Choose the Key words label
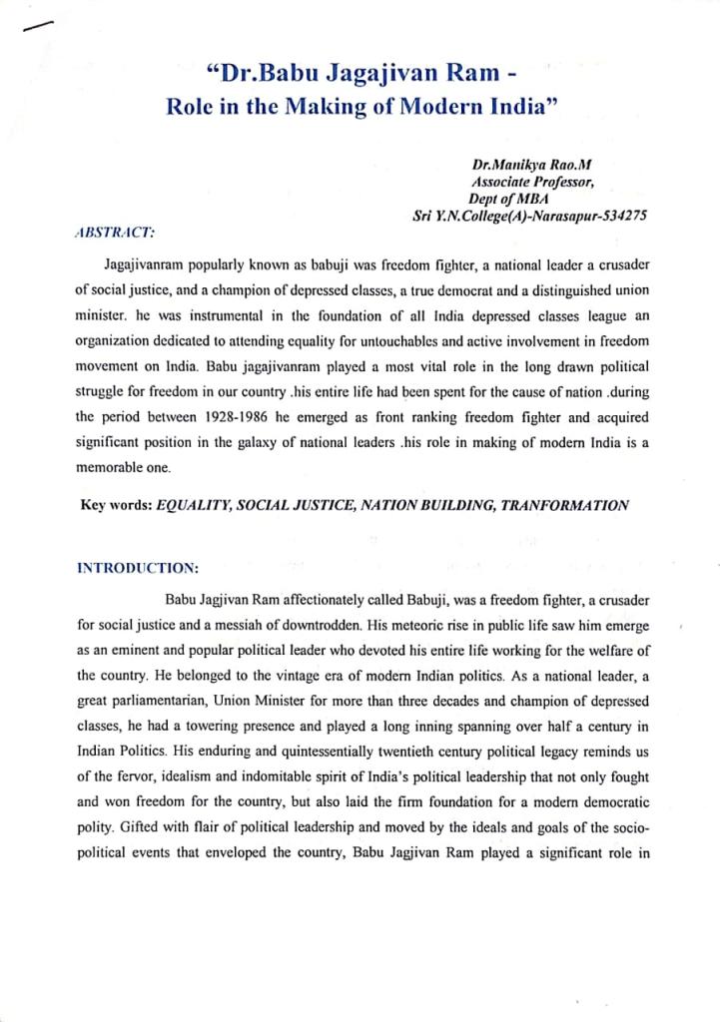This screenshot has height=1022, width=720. pyautogui.click(x=115, y=505)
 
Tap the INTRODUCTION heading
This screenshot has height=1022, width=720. pyautogui.click(x=138, y=569)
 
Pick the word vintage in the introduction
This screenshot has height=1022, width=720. pyautogui.click(x=287, y=674)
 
